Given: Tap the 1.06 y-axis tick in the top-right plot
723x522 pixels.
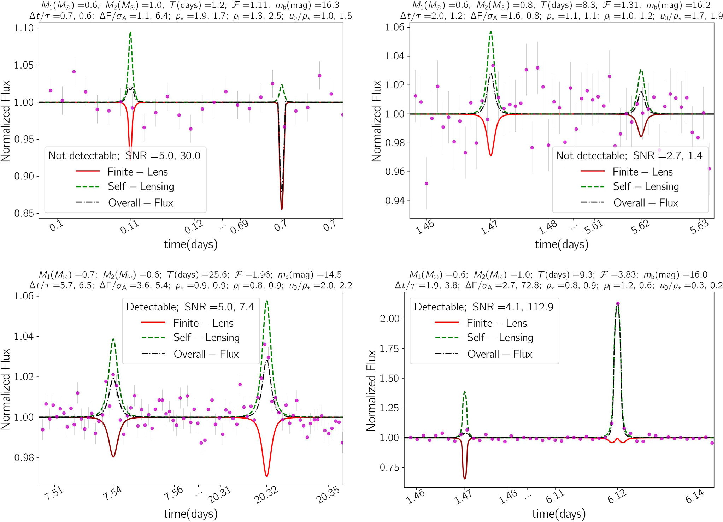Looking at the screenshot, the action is pyautogui.click(x=395, y=27).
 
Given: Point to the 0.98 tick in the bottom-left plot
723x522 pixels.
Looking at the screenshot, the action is pyautogui.click(x=24, y=458).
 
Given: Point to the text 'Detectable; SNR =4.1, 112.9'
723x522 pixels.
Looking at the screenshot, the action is pyautogui.click(x=484, y=307).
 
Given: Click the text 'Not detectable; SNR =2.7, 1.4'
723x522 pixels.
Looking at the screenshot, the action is pyautogui.click(x=629, y=155).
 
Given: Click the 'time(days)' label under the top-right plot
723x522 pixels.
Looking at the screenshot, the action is pyautogui.click(x=562, y=244).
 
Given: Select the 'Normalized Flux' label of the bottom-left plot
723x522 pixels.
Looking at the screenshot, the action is pyautogui.click(x=6, y=389).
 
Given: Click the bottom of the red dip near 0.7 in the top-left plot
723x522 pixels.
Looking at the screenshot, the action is pyautogui.click(x=282, y=209).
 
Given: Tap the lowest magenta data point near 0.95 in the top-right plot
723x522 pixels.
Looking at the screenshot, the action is pyautogui.click(x=427, y=183).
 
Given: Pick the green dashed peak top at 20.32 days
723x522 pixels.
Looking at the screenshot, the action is pyautogui.click(x=266, y=301).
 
